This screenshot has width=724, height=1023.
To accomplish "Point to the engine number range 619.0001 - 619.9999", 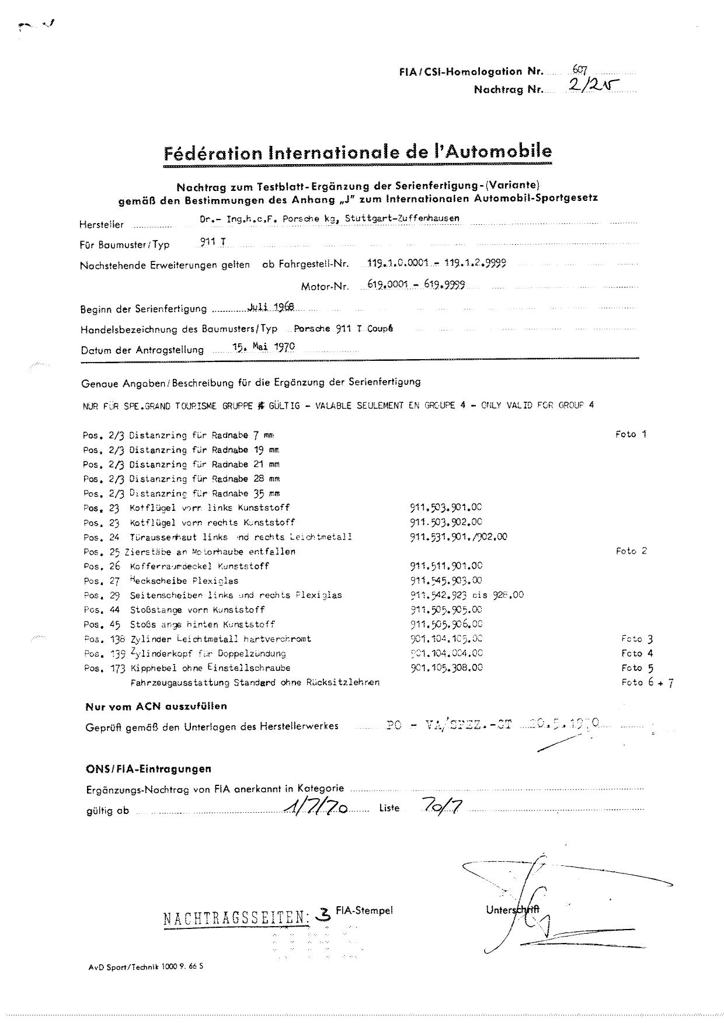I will click(416, 285).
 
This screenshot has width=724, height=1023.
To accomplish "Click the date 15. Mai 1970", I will click(263, 347).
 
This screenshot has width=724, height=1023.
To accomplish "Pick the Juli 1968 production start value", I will click(270, 307).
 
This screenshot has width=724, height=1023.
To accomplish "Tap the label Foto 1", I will click(631, 434).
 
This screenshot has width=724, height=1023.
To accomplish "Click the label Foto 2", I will click(631, 551).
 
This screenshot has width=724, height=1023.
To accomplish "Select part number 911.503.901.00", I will click(446, 508).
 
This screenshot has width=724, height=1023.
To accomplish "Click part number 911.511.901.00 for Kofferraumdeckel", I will click(446, 566).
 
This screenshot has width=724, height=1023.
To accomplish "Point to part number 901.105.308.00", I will click(446, 668).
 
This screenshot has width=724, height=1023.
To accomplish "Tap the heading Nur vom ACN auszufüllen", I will click(156, 707).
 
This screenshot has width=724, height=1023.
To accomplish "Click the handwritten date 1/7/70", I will click(316, 808).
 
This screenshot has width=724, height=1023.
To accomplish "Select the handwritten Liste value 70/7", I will click(441, 806).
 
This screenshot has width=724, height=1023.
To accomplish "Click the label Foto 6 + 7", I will click(648, 683).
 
